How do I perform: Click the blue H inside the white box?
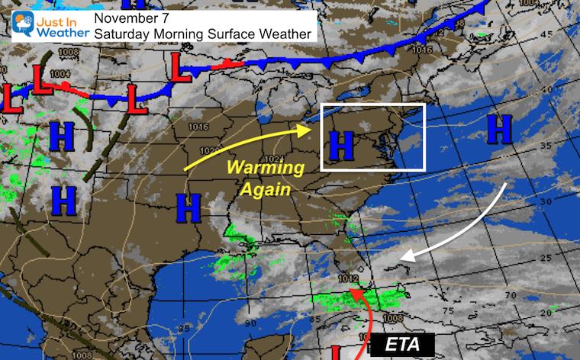[343, 143]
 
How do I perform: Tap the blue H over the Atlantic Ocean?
[501, 129]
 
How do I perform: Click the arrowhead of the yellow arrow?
[310, 129]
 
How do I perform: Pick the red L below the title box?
[182, 69]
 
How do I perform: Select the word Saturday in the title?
[120, 34]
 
